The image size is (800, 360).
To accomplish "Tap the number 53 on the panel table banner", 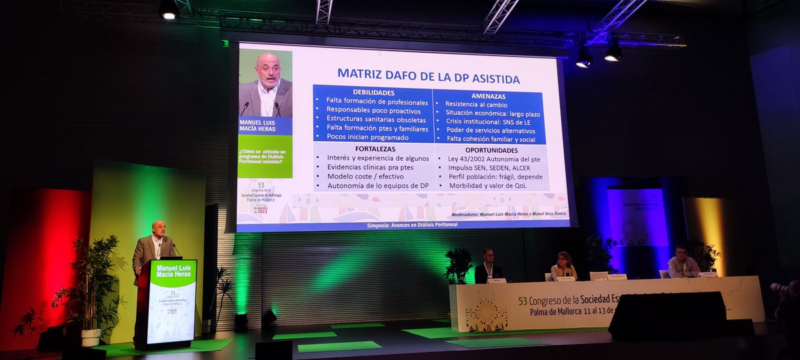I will [x=523, y=301].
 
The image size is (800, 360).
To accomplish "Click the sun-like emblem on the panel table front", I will [x=486, y=313].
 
